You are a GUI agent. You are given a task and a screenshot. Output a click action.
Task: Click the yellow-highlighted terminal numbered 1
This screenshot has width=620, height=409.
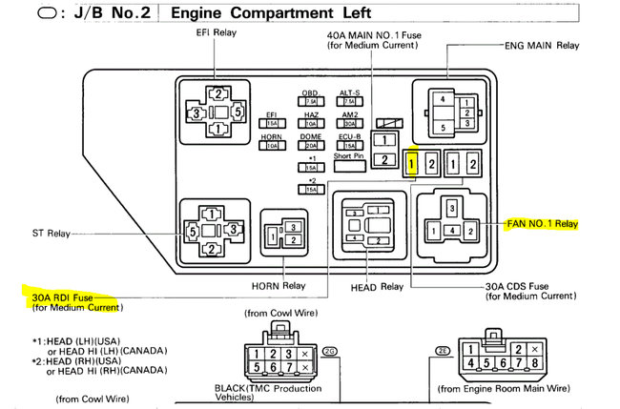(411, 163)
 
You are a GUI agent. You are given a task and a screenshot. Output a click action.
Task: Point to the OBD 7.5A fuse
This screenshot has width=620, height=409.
(310, 102)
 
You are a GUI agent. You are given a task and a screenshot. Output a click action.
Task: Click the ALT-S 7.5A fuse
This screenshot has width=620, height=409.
(348, 102)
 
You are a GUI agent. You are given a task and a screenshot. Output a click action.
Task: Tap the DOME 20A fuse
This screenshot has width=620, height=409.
(310, 146)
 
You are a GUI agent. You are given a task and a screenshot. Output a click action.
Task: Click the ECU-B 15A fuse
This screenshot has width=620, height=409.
(348, 146)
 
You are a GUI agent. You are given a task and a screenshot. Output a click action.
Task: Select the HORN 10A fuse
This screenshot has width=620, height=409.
(272, 146)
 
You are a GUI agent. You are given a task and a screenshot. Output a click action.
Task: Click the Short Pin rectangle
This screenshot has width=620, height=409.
(348, 164)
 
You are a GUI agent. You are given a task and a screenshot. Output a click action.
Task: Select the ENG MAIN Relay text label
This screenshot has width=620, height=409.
(542, 45)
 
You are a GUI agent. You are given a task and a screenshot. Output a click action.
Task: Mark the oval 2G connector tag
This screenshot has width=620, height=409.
(330, 352)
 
